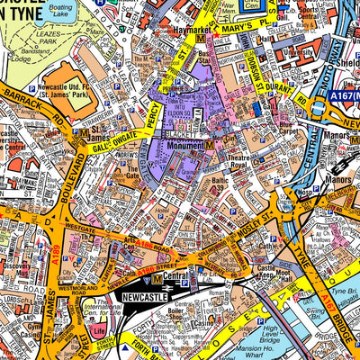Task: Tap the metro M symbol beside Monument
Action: pos(210,144)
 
